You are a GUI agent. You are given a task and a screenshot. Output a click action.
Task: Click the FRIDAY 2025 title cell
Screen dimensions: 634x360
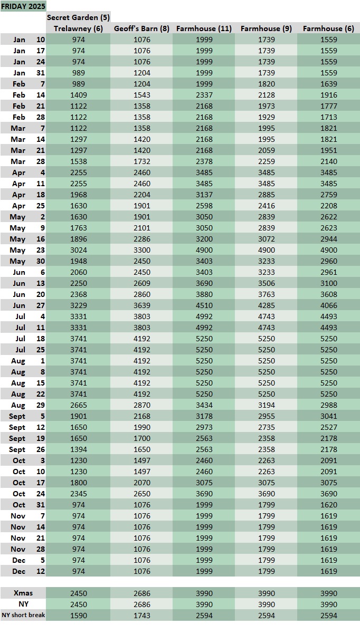(23, 6)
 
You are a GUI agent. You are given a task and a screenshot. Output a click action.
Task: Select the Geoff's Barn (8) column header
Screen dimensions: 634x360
(141, 28)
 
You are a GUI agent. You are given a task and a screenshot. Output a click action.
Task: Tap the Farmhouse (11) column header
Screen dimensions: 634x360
(204, 28)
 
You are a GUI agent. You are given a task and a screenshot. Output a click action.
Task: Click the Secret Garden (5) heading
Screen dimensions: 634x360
(78, 17)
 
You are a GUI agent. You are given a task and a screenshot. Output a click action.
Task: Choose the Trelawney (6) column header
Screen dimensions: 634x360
(78, 28)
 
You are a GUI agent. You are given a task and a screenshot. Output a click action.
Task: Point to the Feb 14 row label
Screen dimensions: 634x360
(23, 95)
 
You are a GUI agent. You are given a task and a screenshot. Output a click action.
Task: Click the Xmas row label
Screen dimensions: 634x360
(23, 593)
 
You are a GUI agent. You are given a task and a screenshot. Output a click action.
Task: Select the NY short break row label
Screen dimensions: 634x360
(23, 616)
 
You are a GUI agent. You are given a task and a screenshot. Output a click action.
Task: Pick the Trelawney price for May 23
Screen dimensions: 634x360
(78, 250)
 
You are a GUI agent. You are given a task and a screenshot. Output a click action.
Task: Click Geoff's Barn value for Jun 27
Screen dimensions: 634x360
(141, 305)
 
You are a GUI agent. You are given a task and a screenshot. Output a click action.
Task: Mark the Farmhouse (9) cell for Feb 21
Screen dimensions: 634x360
(266, 106)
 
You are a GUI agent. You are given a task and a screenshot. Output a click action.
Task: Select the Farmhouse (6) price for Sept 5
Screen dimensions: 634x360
(328, 416)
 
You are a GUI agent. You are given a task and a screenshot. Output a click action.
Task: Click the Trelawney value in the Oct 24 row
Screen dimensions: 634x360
(78, 494)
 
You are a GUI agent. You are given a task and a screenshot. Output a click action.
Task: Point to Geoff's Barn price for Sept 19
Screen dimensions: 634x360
(141, 438)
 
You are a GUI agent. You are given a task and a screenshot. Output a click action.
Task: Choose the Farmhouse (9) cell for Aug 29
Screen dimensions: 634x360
(266, 405)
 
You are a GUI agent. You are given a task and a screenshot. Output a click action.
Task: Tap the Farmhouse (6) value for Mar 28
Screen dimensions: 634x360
(328, 161)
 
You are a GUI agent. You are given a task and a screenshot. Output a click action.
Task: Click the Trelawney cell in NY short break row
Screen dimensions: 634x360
(78, 616)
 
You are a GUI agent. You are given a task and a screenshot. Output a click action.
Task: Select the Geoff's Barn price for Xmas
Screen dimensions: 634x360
(141, 593)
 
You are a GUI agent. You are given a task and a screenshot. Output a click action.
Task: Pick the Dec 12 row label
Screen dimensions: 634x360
(23, 571)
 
